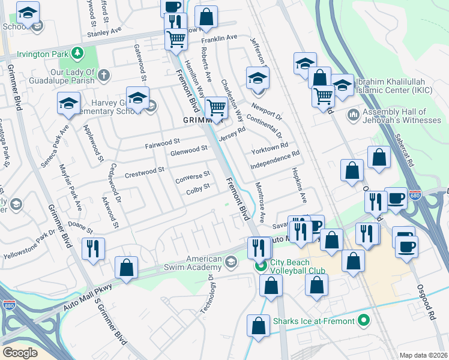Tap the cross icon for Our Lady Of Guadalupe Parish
[x=104, y=76]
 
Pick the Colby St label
[x=197, y=187]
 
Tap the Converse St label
[x=192, y=176]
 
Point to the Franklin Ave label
[x=219, y=39]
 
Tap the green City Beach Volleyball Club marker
[x=260, y=266]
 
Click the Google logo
[x=20, y=353]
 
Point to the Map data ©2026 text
[x=423, y=355]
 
